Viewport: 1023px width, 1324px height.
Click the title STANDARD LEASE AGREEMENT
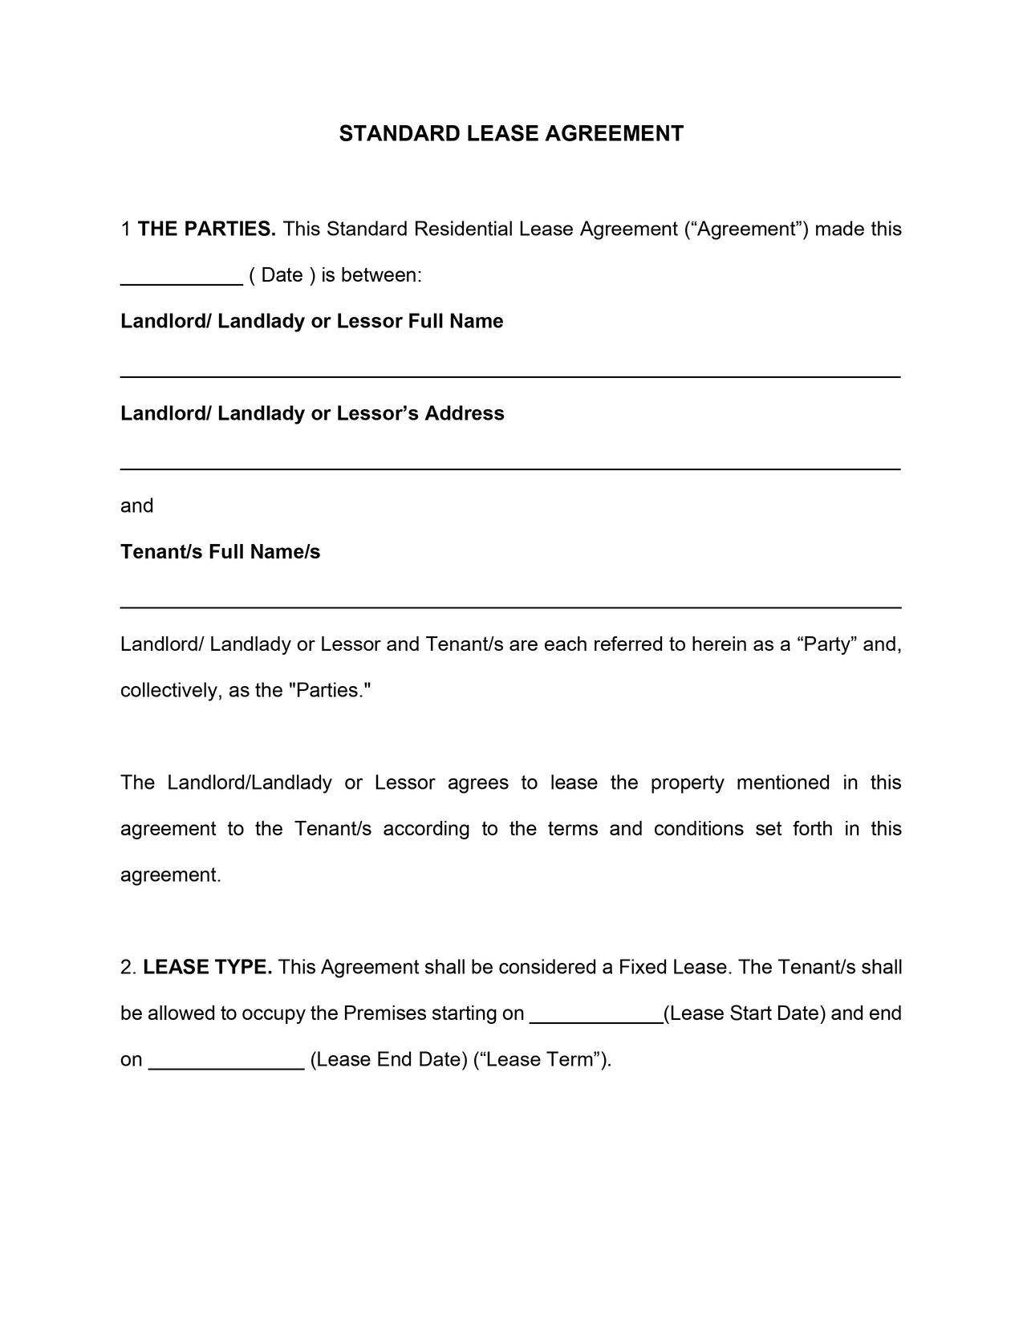click(x=511, y=133)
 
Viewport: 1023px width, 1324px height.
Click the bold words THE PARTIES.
click(x=207, y=229)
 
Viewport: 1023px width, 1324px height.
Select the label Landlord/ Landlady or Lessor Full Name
click(x=311, y=322)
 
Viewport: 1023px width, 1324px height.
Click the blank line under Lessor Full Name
click(x=510, y=375)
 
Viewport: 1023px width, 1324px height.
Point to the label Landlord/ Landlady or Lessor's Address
click(x=312, y=414)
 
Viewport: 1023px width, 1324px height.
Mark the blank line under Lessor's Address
click(x=510, y=467)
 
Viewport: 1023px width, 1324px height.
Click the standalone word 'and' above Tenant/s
click(x=136, y=506)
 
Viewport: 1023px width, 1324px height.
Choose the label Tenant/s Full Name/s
click(x=220, y=552)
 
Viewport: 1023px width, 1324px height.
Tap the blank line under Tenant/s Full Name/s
click(x=510, y=606)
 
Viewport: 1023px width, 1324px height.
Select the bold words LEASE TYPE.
click(x=208, y=968)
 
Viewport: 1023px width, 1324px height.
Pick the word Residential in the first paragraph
click(x=463, y=229)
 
